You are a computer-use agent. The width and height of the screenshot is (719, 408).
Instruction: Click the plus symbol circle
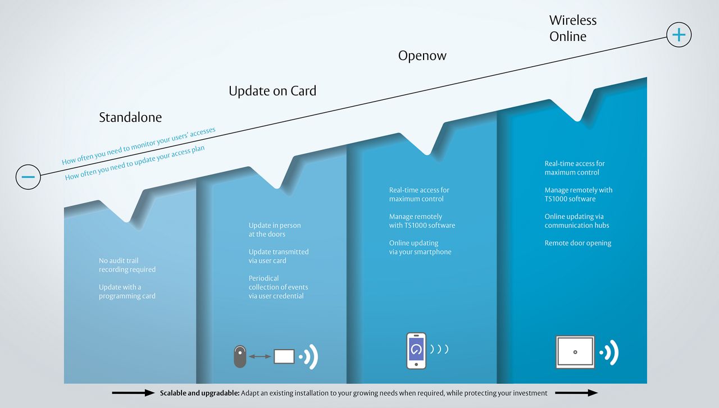[679, 35]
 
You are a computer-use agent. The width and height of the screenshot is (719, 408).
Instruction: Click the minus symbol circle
[28, 177]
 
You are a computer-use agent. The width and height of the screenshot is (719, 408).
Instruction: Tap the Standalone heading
[130, 117]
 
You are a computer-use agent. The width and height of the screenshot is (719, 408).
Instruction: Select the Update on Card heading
[272, 91]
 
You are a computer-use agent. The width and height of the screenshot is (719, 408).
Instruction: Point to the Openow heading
[422, 56]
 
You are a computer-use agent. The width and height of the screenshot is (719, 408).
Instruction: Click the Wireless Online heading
[573, 28]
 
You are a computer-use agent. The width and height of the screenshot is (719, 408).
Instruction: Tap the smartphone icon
[416, 351]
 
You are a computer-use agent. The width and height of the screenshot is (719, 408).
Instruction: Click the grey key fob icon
[240, 356]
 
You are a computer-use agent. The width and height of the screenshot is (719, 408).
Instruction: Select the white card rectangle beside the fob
[284, 356]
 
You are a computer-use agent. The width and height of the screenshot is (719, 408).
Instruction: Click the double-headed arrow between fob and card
[260, 356]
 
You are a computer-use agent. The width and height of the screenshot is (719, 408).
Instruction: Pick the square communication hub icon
[575, 352]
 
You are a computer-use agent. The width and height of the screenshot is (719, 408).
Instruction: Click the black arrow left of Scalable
[133, 393]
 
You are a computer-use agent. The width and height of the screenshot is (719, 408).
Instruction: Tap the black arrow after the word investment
[576, 393]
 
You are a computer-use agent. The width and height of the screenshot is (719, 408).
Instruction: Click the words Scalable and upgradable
[199, 393]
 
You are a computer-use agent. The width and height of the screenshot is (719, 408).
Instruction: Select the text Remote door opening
[578, 243]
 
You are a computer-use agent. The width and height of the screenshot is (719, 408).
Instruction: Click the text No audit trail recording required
[127, 265]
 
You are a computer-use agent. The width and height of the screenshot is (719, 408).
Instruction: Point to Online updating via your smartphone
[420, 247]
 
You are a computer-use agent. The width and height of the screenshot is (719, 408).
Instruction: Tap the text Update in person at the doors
[275, 230]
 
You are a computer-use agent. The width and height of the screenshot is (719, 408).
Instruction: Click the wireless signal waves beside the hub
[609, 352]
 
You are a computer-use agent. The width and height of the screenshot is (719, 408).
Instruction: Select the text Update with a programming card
[127, 292]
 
